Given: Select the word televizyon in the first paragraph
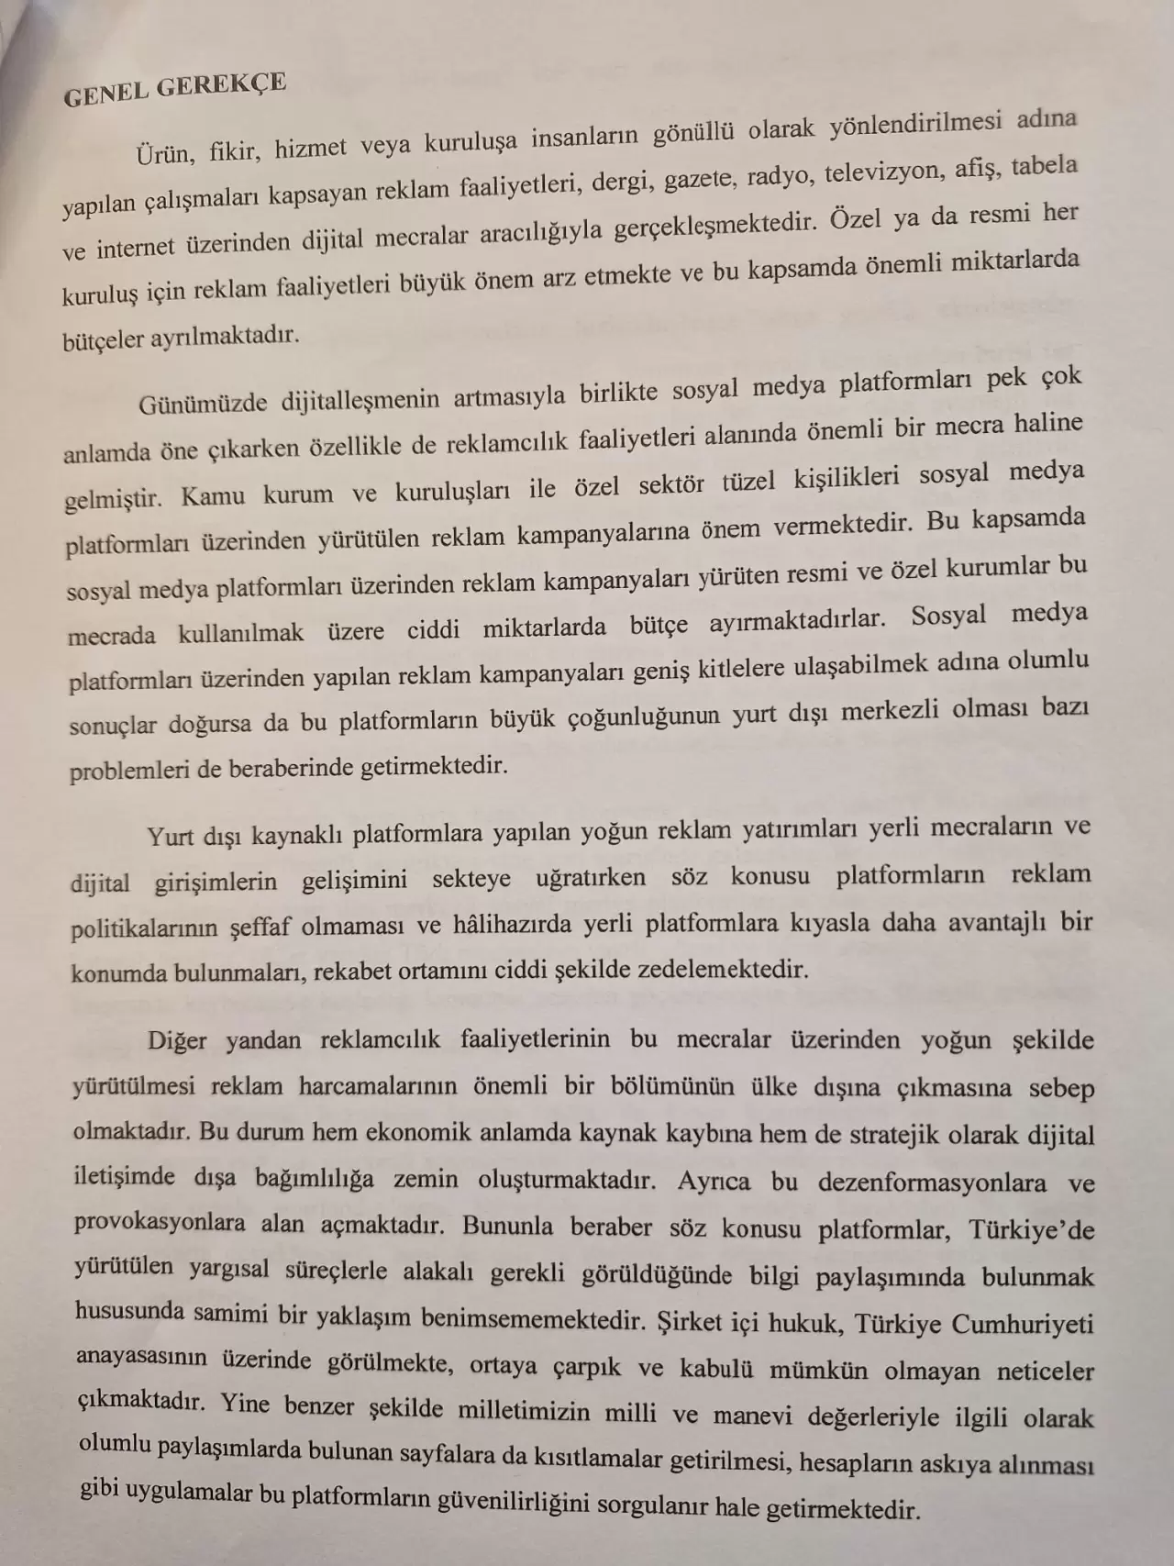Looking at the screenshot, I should pyautogui.click(x=881, y=172).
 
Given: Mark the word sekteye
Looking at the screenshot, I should pyautogui.click(x=471, y=879).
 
